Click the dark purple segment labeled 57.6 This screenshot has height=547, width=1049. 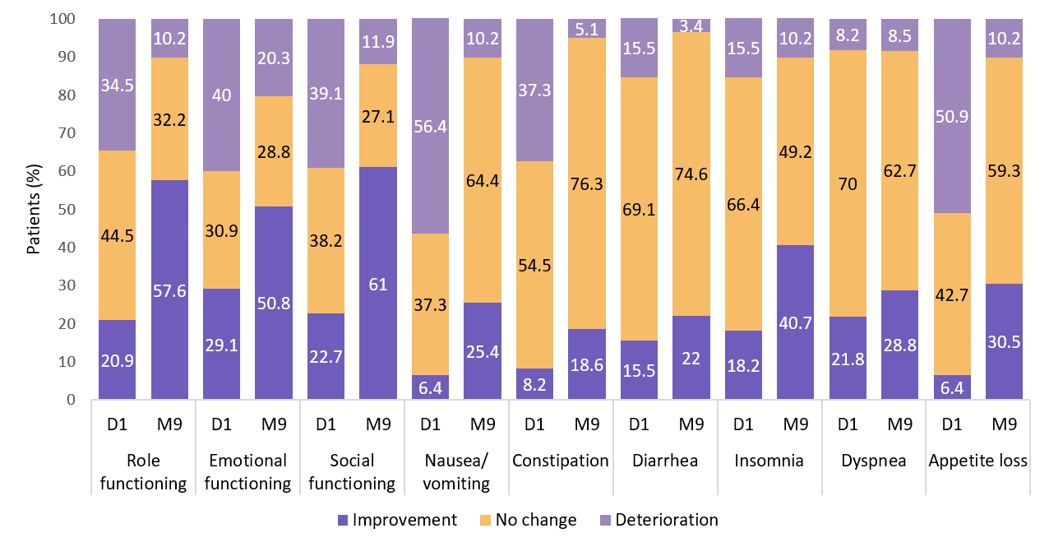169,290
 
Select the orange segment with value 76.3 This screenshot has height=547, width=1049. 587,183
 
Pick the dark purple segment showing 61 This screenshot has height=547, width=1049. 378,283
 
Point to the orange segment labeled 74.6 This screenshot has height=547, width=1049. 691,174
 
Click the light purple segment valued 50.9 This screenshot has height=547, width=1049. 952,116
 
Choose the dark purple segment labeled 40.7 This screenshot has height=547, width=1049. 796,322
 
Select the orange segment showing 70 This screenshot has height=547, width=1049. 848,183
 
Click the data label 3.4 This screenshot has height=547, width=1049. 691,25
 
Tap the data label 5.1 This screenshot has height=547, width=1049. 587,30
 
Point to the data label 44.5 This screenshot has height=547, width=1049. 117,236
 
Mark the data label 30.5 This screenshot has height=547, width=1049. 1004,342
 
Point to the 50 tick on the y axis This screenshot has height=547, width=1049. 67,210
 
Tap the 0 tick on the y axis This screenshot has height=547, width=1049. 71,400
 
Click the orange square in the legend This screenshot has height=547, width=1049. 485,520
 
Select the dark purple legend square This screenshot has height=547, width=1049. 343,520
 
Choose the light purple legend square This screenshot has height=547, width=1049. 605,520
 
